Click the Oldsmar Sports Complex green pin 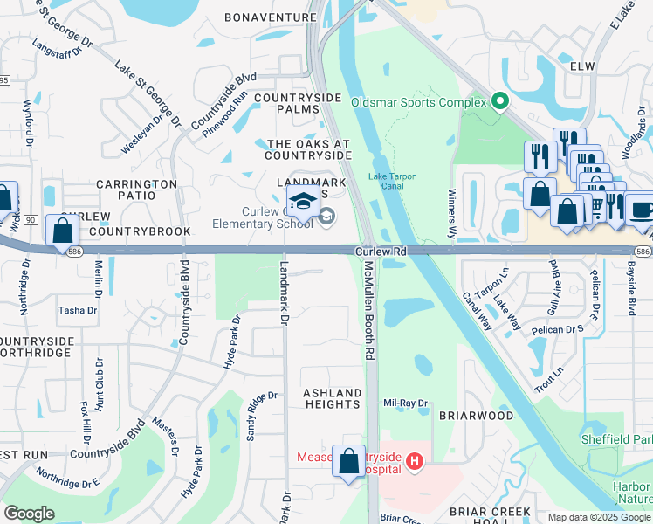500,103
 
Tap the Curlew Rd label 381,252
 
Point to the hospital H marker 415,460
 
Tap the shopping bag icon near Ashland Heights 349,462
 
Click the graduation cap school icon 303,203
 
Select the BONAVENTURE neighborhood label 270,17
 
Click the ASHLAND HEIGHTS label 332,399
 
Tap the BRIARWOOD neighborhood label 476,416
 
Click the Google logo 29,514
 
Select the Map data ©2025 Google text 598,517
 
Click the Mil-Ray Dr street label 407,403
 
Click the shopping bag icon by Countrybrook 62,231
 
